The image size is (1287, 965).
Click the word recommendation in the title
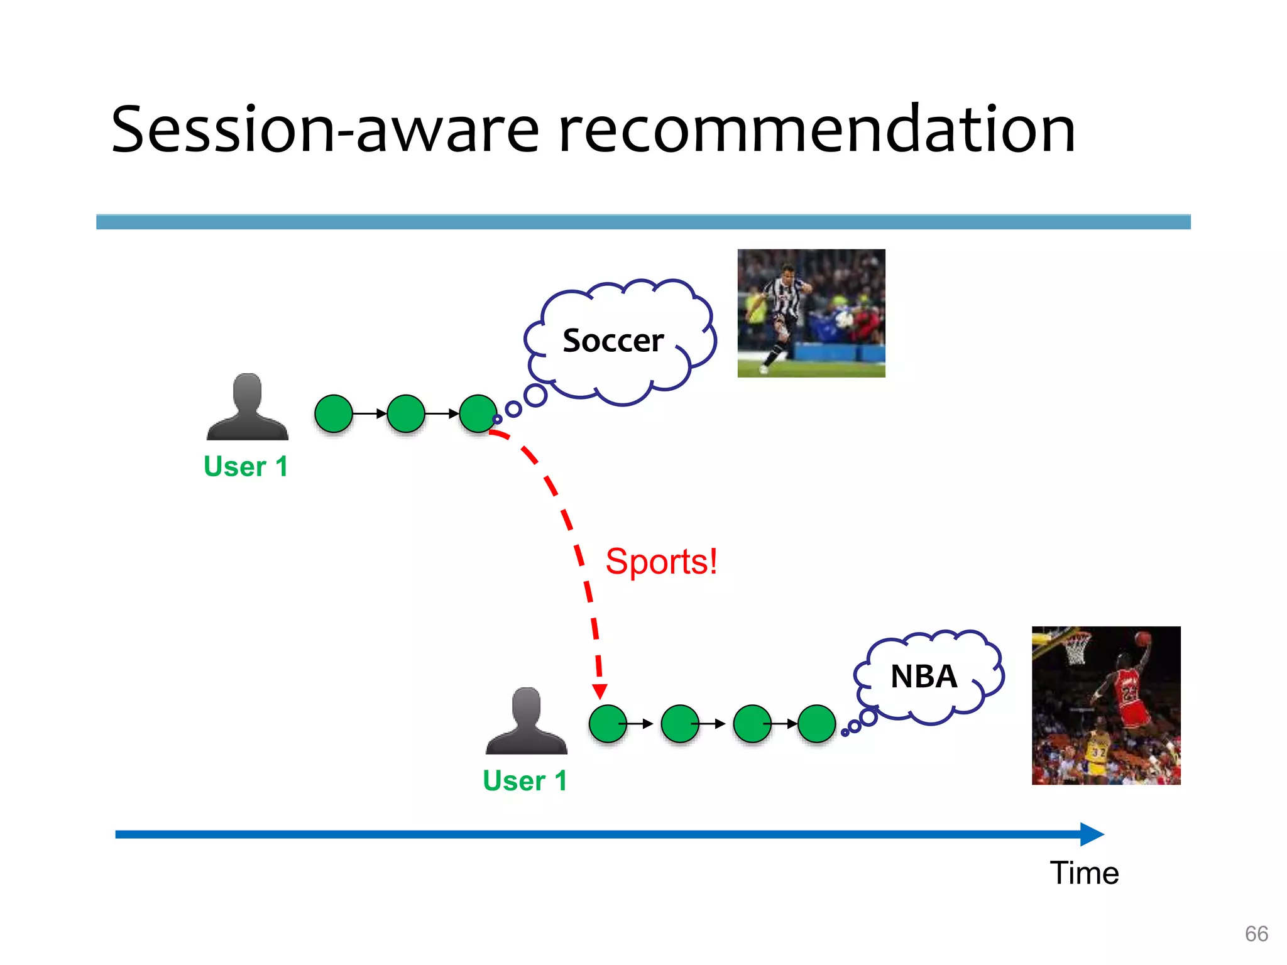pyautogui.click(x=816, y=131)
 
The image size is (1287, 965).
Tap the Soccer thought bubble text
pyautogui.click(x=613, y=341)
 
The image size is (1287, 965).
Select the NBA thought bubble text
pyautogui.click(x=923, y=677)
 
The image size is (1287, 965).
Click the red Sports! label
pyautogui.click(x=661, y=561)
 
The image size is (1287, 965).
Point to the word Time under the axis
pyautogui.click(x=1084, y=873)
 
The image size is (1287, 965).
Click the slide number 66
pyautogui.click(x=1256, y=934)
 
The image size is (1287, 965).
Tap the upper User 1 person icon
pyautogui.click(x=247, y=407)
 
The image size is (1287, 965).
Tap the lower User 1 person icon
pyautogui.click(x=526, y=721)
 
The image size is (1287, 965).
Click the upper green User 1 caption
pyautogui.click(x=246, y=467)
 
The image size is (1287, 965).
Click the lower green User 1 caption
pyautogui.click(x=525, y=781)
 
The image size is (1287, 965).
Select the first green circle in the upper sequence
pyautogui.click(x=333, y=413)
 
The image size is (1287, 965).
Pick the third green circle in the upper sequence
pyautogui.click(x=478, y=413)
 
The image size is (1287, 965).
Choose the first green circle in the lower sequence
pyautogui.click(x=608, y=724)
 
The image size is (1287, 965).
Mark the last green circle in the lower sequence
pyautogui.click(x=816, y=724)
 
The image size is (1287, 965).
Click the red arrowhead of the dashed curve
pyautogui.click(x=600, y=691)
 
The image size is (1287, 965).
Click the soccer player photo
pyautogui.click(x=811, y=313)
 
